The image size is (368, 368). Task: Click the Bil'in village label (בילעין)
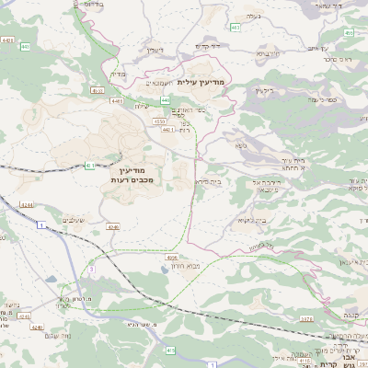pos(263,89)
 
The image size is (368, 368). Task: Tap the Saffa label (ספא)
pos(241,144)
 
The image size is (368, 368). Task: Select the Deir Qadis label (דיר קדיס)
pos(212,46)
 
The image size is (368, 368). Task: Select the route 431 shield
pos(89,165)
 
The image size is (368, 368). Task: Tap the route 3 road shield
pos(92,268)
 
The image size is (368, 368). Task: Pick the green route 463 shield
pos(235,29)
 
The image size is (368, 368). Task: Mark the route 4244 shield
pos(27,205)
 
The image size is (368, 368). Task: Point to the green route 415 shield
pos(171,350)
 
